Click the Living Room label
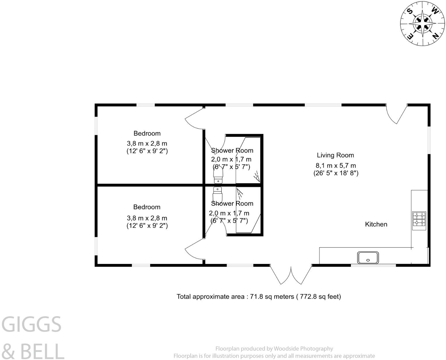pos(335,155)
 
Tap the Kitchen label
pos(376,224)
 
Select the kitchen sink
pos(368,257)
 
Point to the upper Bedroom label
pos(147,133)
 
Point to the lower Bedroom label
pos(147,207)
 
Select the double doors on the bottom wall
pos(291,274)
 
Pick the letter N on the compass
pos(435,35)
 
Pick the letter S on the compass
pos(410,11)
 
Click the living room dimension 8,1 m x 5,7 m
pos(336,166)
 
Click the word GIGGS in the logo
pos(32,324)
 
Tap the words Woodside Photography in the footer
pos(303,349)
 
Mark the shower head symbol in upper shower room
pos(256,176)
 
